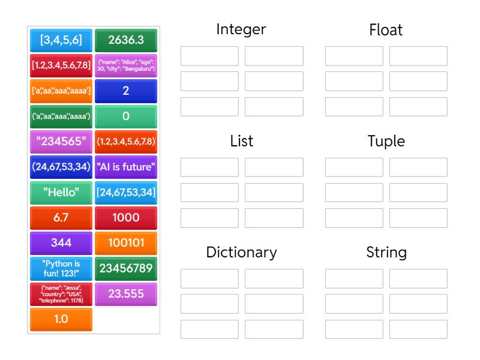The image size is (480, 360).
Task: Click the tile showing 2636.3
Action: click(x=125, y=40)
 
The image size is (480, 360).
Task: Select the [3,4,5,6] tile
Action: click(x=61, y=40)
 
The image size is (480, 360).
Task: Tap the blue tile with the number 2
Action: click(x=125, y=91)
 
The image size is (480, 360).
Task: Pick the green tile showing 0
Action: click(x=125, y=116)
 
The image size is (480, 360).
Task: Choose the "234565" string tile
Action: click(x=61, y=142)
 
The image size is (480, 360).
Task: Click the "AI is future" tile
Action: click(x=125, y=167)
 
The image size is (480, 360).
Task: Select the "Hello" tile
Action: click(x=61, y=193)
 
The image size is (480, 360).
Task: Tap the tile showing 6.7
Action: click(x=61, y=218)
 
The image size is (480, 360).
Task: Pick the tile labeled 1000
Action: click(x=125, y=218)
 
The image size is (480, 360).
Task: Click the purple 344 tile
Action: click(x=61, y=243)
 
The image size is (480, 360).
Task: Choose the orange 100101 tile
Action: click(x=125, y=243)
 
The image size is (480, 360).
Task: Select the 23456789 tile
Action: click(x=125, y=268)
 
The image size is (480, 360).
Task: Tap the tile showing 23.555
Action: click(x=125, y=294)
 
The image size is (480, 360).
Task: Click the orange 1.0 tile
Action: click(x=61, y=319)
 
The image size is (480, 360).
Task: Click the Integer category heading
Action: click(x=241, y=29)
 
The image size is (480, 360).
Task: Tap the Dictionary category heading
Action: click(x=241, y=253)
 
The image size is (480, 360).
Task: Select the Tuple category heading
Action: click(x=386, y=142)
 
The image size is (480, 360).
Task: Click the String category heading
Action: click(x=386, y=253)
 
